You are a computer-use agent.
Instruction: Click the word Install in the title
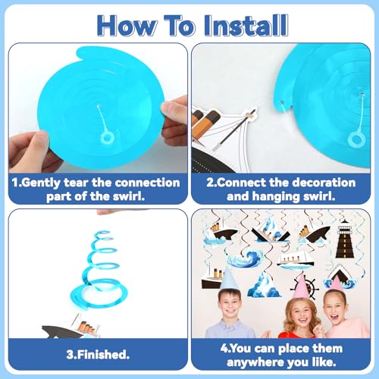[x=246, y=26]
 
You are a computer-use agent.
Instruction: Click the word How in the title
[x=126, y=26]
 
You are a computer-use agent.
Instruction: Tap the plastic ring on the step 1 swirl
[x=107, y=139]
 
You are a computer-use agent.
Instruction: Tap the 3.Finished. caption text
[x=98, y=354]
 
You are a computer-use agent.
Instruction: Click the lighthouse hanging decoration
[x=345, y=239]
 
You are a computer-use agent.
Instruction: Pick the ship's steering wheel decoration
[x=306, y=287]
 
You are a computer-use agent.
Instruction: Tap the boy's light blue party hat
[x=228, y=278]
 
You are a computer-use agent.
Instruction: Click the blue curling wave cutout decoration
[x=246, y=258]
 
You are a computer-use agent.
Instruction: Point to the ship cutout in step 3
[x=70, y=327]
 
